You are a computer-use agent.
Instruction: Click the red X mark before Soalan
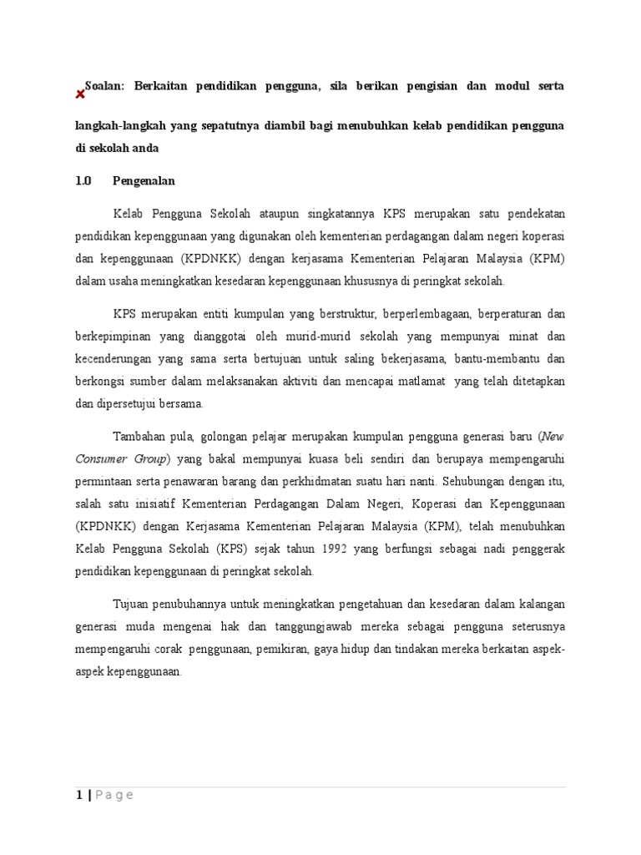click(80, 94)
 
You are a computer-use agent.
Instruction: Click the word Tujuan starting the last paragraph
click(131, 603)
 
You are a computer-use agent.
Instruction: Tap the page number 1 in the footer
click(78, 795)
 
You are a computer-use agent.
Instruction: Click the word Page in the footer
click(114, 795)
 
